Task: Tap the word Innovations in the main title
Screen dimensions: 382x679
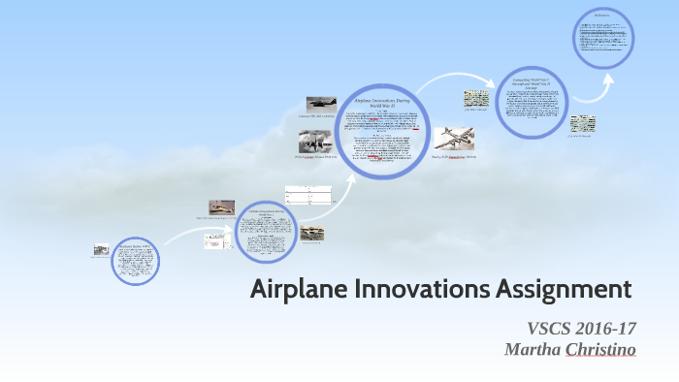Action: click(420, 289)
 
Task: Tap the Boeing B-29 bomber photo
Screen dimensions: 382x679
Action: click(455, 139)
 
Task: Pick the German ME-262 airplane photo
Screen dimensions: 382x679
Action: click(321, 104)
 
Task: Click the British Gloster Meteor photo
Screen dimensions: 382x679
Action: click(315, 142)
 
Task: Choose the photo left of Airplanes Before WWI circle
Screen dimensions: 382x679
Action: click(101, 249)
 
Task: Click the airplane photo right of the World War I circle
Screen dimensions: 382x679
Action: click(312, 234)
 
